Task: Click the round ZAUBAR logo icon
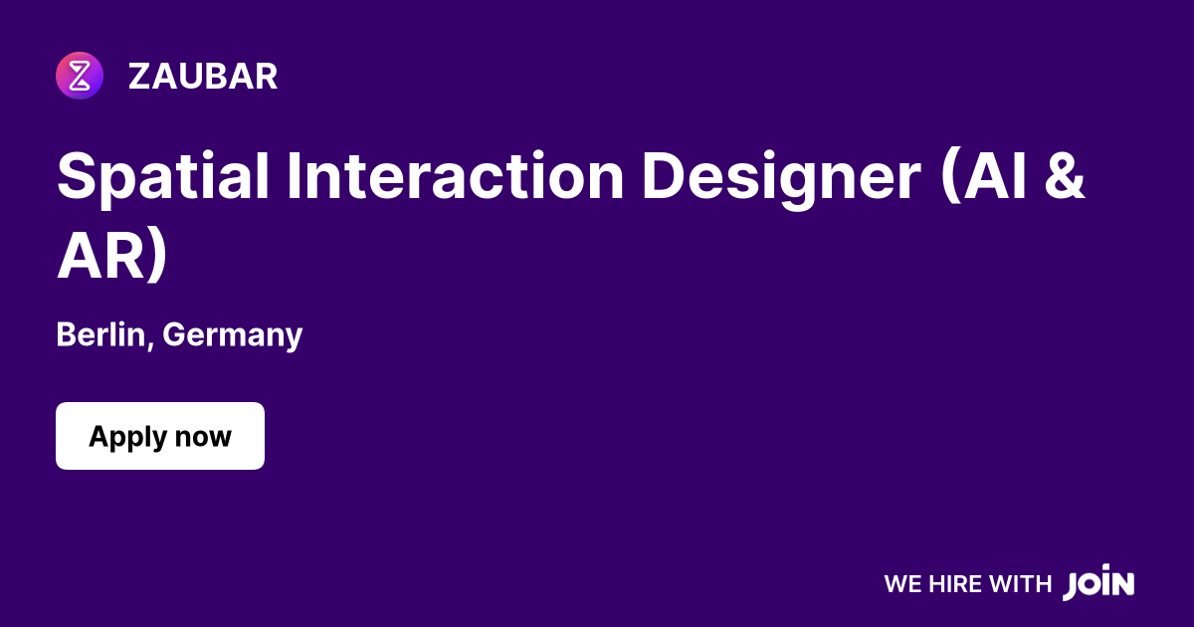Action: click(80, 76)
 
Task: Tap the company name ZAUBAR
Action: click(203, 77)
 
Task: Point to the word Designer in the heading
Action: click(780, 176)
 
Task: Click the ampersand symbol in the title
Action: click(1065, 176)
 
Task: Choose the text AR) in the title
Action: click(112, 257)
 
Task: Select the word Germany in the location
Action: click(232, 335)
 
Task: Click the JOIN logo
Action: click(1098, 583)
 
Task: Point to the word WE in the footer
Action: click(902, 584)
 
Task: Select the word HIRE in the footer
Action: click(954, 584)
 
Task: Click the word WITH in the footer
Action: click(1020, 584)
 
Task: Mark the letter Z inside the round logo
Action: click(80, 76)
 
